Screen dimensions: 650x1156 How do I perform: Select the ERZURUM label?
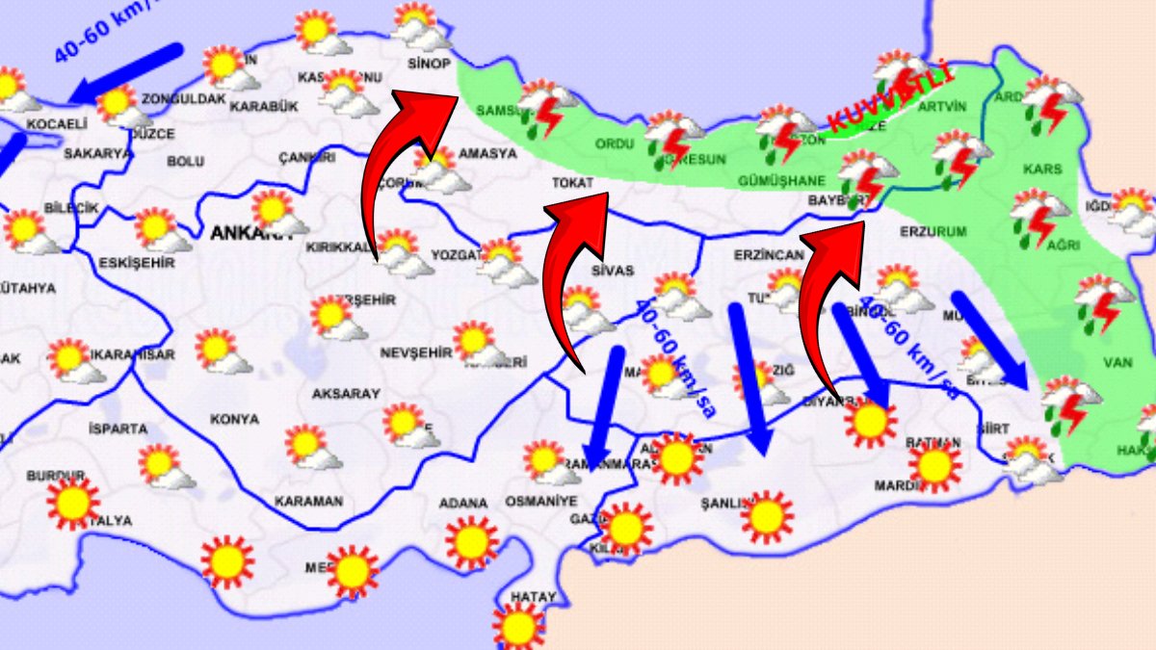[932, 232]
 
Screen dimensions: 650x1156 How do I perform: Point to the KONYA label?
[234, 420]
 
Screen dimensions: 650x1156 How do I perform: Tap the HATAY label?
[533, 597]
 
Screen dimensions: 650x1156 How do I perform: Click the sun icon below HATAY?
[518, 628]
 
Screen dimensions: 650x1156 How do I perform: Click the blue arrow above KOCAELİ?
[124, 71]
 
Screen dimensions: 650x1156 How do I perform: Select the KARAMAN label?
[308, 502]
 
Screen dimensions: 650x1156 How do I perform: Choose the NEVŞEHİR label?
[415, 352]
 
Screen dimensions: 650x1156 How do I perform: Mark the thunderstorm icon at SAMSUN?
[545, 106]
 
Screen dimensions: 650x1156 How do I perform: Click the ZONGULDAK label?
[183, 98]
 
